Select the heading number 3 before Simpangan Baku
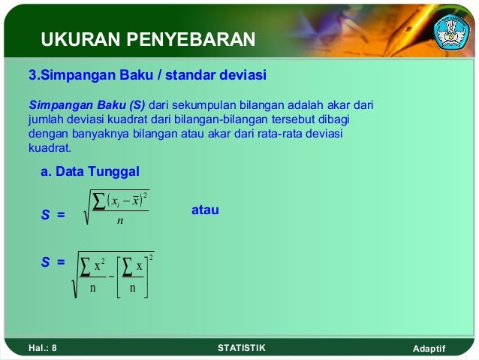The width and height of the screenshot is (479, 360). (32, 76)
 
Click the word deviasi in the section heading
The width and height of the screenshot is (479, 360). (245, 76)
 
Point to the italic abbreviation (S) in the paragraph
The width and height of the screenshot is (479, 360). (135, 103)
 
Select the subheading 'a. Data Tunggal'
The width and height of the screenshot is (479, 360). (90, 171)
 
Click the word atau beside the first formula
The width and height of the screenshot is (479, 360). (205, 210)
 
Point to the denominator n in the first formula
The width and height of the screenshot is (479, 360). (120, 221)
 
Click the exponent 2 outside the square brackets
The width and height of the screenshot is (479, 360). (152, 258)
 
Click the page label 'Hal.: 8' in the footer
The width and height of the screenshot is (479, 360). (43, 348)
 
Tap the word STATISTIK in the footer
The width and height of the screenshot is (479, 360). (240, 348)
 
